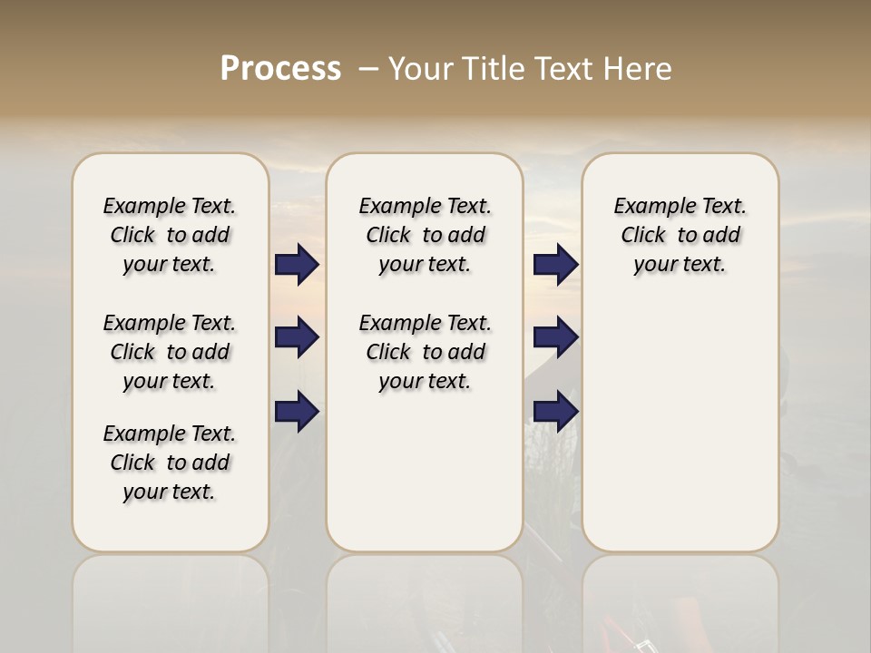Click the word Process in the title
[280, 68]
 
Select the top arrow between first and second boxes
[297, 264]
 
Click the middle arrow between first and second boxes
[297, 337]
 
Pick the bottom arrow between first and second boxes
[297, 411]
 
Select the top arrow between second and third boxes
[555, 264]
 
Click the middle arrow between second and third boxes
[555, 337]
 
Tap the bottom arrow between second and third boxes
[555, 411]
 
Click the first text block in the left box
[170, 235]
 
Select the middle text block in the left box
[170, 352]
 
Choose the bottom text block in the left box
[170, 463]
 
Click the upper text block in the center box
[425, 235]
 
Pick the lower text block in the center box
[425, 352]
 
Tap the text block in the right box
[680, 235]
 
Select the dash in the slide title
[368, 69]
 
